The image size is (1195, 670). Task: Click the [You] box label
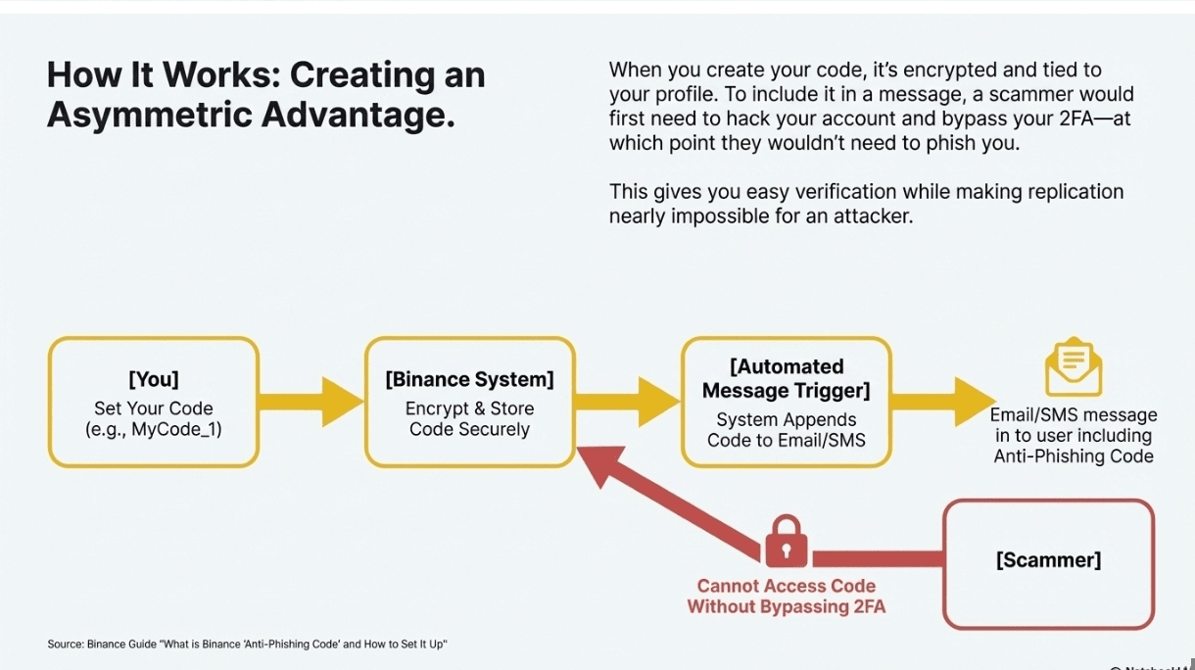click(x=154, y=379)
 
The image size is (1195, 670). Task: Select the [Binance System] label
click(x=469, y=379)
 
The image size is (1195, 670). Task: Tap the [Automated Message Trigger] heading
click(x=787, y=379)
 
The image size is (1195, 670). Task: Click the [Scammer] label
click(x=1048, y=560)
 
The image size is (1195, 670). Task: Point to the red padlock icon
click(x=786, y=542)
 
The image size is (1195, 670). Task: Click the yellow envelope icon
click(x=1074, y=367)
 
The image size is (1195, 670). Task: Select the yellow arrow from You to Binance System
click(x=311, y=402)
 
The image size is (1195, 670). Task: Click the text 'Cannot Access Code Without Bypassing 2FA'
click(x=786, y=597)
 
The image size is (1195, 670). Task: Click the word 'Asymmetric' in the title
click(x=147, y=116)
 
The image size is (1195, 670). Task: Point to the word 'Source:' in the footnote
click(x=65, y=644)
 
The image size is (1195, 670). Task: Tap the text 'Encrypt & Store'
click(x=469, y=408)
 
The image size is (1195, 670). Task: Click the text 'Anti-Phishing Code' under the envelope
click(x=1074, y=456)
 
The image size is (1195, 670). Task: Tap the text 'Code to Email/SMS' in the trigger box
click(x=787, y=441)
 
